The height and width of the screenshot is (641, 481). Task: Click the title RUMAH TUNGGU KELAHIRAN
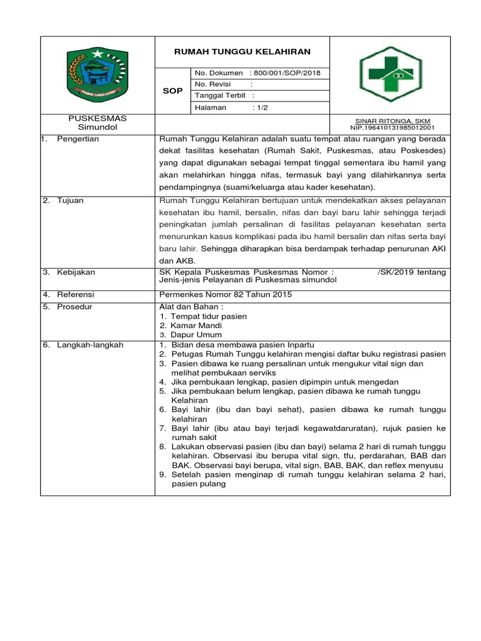point(242,51)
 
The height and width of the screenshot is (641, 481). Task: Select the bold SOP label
point(173,91)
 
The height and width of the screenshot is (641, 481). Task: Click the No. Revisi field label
point(213,85)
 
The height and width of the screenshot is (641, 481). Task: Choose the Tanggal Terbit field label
point(220,96)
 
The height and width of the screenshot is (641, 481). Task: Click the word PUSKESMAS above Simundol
point(97,118)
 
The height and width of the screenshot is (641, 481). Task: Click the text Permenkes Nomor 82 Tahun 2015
point(226,294)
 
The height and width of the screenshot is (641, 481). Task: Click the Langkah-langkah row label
point(90,345)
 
